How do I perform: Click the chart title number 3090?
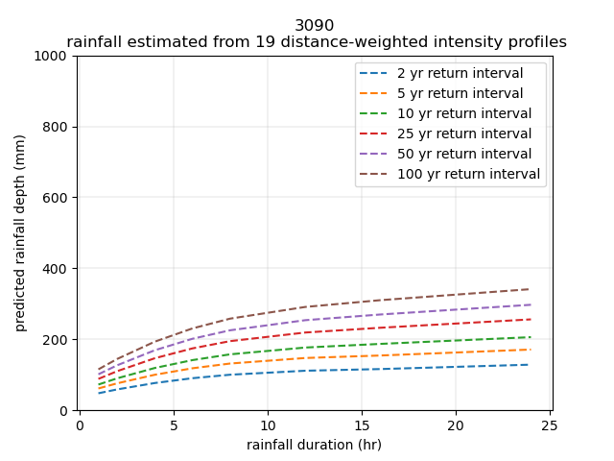point(315,26)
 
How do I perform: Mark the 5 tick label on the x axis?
point(174,425)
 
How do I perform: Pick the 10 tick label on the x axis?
point(268,425)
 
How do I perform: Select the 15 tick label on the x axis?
point(362,425)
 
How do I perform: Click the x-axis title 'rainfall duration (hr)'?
point(315,444)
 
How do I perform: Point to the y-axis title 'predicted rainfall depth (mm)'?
point(20,233)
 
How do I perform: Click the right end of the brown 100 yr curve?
point(530,289)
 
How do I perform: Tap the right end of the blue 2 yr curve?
point(530,364)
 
